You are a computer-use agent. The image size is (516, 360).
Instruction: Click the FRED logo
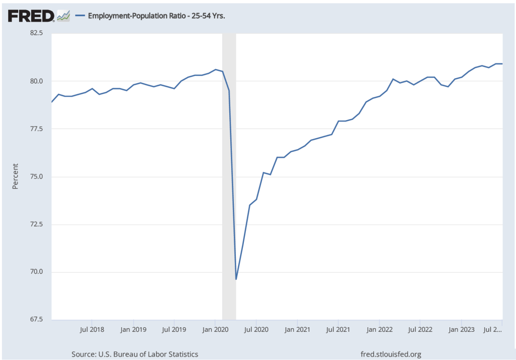coord(31,16)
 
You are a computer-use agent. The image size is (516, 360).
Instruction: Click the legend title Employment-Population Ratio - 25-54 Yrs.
coord(156,16)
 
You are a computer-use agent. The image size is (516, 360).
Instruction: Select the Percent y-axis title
coord(15,176)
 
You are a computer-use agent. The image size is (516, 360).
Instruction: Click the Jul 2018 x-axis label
coord(92,330)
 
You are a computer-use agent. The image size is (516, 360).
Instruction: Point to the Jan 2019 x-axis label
coord(133,330)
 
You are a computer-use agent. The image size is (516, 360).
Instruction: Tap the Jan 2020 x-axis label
coord(215,330)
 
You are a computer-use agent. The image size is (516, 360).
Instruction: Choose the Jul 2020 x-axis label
coord(256,330)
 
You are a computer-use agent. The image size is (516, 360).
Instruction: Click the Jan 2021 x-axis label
coord(297,330)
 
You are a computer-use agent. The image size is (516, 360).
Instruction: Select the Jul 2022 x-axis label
coord(420,330)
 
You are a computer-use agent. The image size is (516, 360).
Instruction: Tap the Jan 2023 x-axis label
coord(462,330)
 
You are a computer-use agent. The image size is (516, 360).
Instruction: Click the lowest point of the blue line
coord(236,279)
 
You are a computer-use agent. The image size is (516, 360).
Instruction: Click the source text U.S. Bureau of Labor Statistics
coord(135,354)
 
